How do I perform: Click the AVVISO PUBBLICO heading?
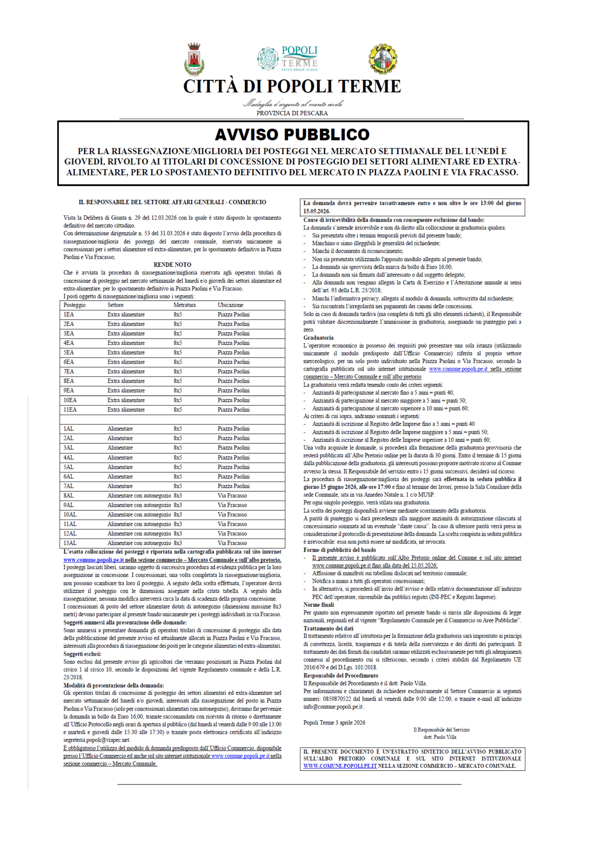(292, 134)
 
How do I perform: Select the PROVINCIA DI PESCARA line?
(292, 113)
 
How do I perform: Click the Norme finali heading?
(318, 605)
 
